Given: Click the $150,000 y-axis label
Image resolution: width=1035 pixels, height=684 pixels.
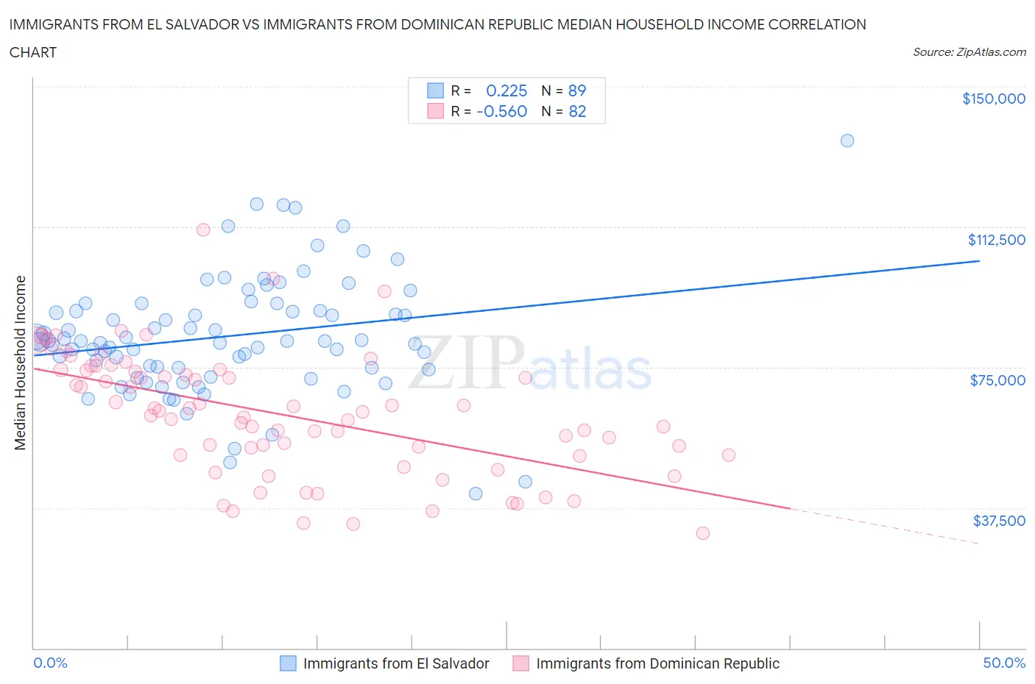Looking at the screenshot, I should point(993,99).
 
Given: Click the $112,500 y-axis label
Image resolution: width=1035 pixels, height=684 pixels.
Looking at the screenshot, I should point(996,240).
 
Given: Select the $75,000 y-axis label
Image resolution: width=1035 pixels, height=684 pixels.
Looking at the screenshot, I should point(997,380).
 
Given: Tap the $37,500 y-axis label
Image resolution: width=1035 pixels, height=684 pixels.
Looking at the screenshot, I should point(999,521).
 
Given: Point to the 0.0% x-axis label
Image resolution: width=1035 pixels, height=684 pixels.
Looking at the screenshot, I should point(50,663).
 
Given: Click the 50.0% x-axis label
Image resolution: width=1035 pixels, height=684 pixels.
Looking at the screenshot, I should point(1004,663).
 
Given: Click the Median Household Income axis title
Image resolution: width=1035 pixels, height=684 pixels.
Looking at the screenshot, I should point(21,363).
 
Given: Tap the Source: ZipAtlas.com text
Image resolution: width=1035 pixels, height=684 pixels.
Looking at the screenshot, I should point(969,52).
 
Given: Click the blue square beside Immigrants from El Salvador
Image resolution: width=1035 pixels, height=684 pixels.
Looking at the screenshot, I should point(288,663).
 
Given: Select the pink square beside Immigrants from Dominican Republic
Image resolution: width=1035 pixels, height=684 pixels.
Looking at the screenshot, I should point(521,663).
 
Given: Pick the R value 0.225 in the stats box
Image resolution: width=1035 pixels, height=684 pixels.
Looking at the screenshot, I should point(506,90).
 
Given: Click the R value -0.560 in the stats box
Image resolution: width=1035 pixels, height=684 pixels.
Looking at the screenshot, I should point(502,111).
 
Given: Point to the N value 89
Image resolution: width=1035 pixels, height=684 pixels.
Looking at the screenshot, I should point(577,90).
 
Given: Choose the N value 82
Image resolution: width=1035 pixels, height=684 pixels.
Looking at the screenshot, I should point(577,111).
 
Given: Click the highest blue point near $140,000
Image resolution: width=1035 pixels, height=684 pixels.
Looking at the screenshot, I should point(847,140).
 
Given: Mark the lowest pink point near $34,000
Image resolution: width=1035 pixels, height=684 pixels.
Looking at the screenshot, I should point(703,533).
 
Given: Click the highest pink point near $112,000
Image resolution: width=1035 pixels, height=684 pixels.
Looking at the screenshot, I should point(203,229).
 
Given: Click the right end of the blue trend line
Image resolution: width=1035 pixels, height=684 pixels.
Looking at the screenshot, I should point(978,261).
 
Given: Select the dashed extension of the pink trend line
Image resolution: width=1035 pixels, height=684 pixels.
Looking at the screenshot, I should point(883,525).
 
